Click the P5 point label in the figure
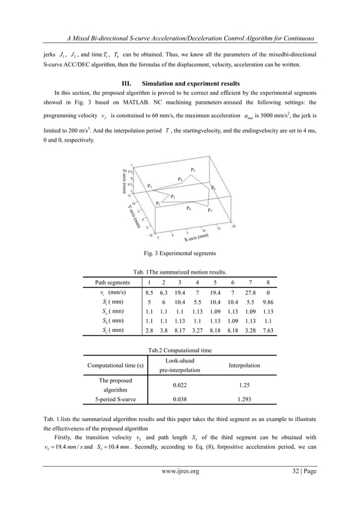coord(193,170)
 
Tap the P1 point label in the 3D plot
coord(158,204)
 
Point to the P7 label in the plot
coord(210,210)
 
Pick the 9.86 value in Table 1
coord(267,302)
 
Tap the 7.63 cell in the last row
coord(267,330)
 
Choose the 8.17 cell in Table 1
coord(179,330)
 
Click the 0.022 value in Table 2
coord(179,385)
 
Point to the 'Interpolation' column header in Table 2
coord(244,366)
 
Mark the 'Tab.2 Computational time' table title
coord(179,350)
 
